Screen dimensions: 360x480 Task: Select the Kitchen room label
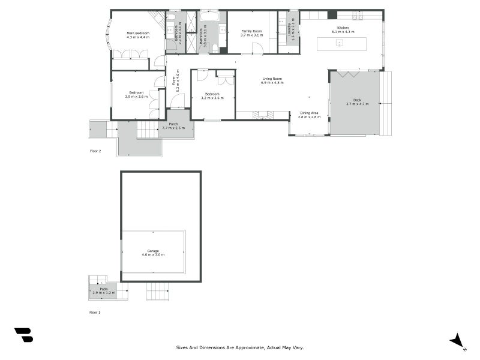(x=343, y=28)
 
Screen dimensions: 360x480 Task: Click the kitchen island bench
(x=340, y=43)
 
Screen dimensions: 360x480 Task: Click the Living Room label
(x=272, y=79)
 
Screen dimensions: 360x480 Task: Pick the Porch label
(x=173, y=124)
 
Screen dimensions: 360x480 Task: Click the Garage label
(x=153, y=251)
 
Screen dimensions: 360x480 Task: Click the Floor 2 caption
(x=95, y=151)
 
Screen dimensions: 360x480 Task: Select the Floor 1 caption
(x=95, y=313)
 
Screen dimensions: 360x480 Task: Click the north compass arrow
(x=458, y=341)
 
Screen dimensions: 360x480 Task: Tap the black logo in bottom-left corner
(x=23, y=335)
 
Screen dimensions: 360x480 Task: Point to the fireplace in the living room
(x=262, y=115)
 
